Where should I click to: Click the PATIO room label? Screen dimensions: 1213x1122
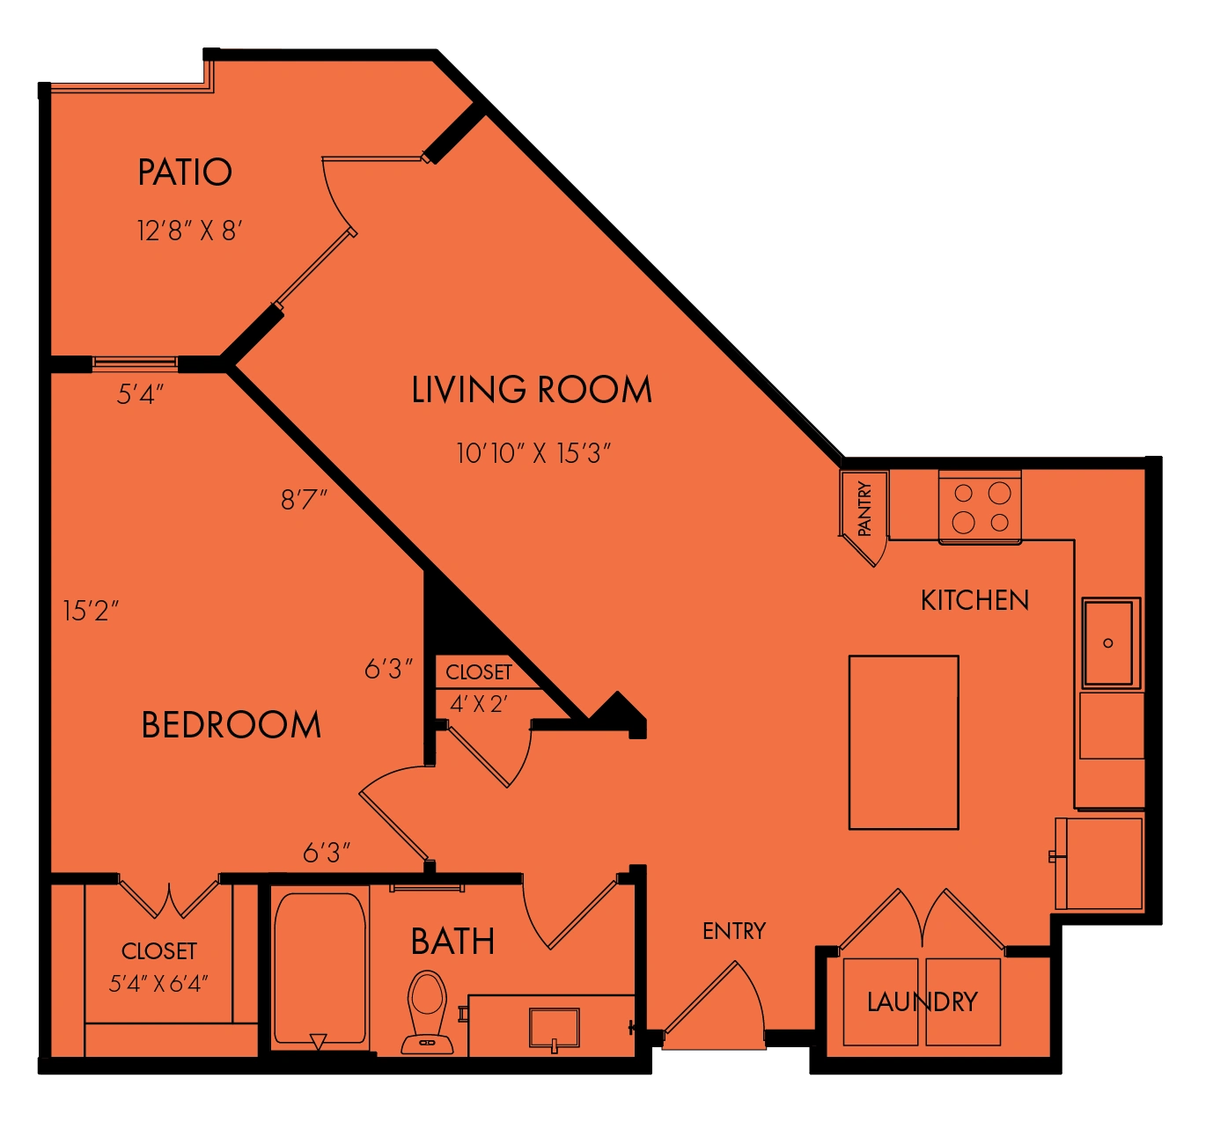(185, 172)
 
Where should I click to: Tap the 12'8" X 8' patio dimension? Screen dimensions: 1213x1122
(189, 231)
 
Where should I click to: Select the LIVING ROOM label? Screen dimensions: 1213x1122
(532, 390)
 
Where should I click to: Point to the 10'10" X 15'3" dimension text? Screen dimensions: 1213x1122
(533, 453)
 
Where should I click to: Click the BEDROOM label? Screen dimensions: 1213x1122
(231, 725)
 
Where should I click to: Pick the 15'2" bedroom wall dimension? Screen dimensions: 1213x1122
(91, 611)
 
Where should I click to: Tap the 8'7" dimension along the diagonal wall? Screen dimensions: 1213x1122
(304, 500)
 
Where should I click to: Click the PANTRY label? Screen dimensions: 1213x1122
(864, 509)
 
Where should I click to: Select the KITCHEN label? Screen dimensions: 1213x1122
(974, 600)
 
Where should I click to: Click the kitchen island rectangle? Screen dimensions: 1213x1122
(903, 743)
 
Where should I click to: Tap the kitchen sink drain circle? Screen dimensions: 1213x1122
(1108, 642)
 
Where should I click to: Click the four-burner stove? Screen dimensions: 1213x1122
(980, 506)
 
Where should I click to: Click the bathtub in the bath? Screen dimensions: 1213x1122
(320, 969)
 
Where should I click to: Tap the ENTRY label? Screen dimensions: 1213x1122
(733, 931)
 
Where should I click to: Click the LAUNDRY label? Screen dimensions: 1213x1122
(923, 1001)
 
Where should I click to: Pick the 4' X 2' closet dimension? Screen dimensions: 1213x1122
(478, 704)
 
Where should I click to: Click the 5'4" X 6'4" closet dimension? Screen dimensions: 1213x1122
(158, 983)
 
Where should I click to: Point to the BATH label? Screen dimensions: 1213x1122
(452, 942)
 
